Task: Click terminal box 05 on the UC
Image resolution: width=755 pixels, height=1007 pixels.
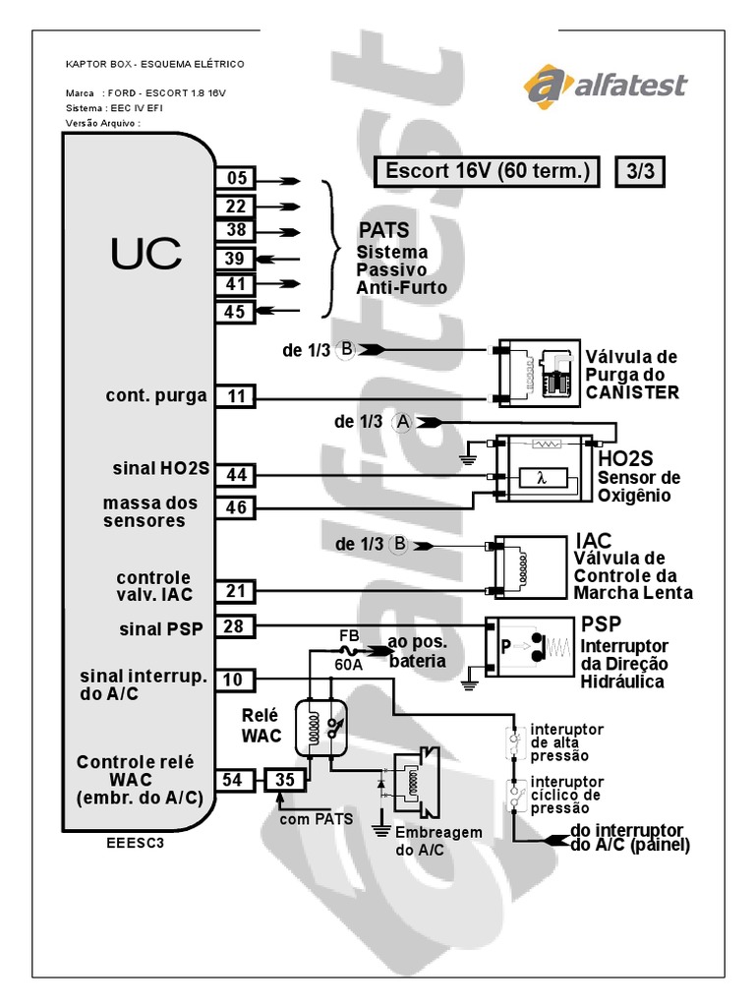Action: click(x=235, y=179)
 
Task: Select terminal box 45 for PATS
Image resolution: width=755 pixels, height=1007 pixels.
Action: click(x=235, y=313)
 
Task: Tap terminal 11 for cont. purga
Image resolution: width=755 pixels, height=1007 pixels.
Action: click(x=235, y=397)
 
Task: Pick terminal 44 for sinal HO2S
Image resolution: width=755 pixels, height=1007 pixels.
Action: click(x=235, y=475)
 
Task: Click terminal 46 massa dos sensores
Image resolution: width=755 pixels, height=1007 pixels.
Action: click(x=235, y=508)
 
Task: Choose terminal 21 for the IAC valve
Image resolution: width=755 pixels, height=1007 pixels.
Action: click(x=235, y=591)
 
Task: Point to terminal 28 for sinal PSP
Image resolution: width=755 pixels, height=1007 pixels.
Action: click(x=235, y=626)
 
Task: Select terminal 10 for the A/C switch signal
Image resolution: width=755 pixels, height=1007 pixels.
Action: click(x=235, y=678)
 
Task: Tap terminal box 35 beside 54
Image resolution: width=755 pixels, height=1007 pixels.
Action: click(x=285, y=781)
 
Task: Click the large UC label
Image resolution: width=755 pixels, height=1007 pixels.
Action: click(x=145, y=254)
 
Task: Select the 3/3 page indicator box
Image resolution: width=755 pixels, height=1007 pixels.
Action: click(x=640, y=170)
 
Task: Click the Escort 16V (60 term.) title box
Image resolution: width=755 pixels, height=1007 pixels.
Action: click(x=487, y=170)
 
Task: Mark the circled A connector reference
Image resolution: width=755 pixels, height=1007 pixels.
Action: click(x=402, y=422)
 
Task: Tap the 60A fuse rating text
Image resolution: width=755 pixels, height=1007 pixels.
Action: click(x=348, y=664)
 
